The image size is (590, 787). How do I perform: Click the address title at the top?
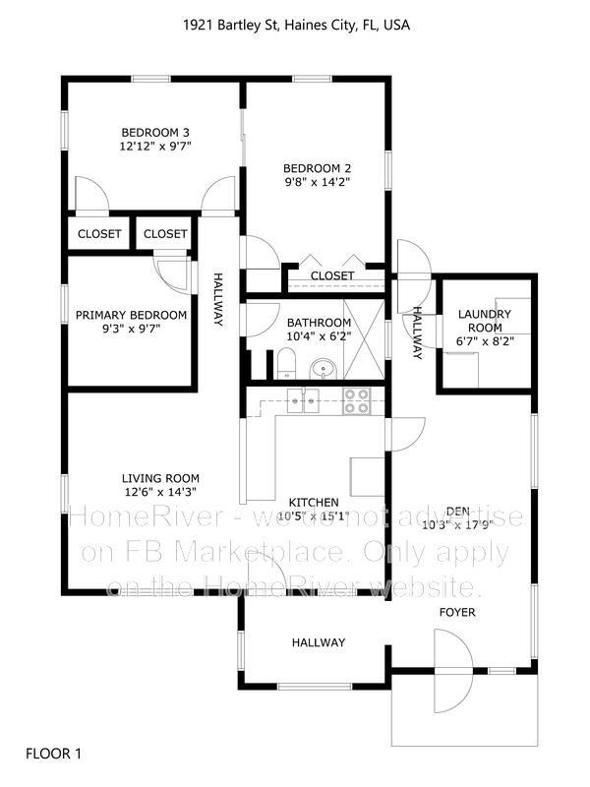tap(295, 26)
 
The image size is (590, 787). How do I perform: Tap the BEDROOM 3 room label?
tap(155, 133)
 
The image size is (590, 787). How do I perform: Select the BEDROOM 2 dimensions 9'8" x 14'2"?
tap(317, 182)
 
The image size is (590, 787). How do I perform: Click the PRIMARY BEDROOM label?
tap(131, 315)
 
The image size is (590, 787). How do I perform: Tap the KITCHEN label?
tap(315, 502)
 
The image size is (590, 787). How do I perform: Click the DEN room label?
tap(457, 511)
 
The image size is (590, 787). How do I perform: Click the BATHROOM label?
tap(319, 323)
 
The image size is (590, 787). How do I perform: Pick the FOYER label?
tap(456, 613)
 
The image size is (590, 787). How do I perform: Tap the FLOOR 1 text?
tap(53, 755)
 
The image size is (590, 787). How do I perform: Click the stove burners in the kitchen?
tap(355, 400)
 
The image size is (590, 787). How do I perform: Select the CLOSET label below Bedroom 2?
tap(332, 276)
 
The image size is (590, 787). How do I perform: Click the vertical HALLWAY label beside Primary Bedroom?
tap(218, 300)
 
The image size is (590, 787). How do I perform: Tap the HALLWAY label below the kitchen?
tap(319, 642)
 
